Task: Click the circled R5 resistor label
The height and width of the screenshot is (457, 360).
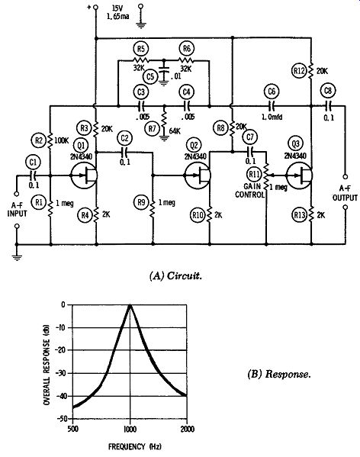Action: click(140, 49)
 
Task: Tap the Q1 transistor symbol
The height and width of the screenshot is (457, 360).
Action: click(84, 175)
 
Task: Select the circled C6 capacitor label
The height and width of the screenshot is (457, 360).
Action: click(272, 92)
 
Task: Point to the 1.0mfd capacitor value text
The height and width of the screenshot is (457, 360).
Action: click(272, 117)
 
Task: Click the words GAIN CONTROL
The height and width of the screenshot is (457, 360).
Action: click(249, 190)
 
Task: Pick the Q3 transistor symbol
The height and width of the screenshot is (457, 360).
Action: click(299, 175)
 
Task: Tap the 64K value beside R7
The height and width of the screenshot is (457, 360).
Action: click(175, 131)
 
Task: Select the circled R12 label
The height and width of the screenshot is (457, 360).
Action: click(300, 71)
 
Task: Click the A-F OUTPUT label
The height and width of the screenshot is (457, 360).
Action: click(345, 193)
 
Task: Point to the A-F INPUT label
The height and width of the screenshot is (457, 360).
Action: click(17, 210)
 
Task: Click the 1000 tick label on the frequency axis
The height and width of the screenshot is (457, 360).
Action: click(130, 429)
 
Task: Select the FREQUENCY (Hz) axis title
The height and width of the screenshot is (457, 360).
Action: click(134, 446)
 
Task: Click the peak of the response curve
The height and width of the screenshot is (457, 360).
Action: click(130, 305)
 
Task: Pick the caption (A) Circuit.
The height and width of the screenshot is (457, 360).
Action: click(175, 275)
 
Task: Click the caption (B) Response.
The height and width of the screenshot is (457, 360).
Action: click(278, 374)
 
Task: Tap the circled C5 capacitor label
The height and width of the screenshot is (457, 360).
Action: click(150, 76)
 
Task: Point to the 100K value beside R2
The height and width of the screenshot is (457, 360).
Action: click(62, 141)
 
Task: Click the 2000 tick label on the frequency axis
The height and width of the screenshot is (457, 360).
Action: click(188, 429)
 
